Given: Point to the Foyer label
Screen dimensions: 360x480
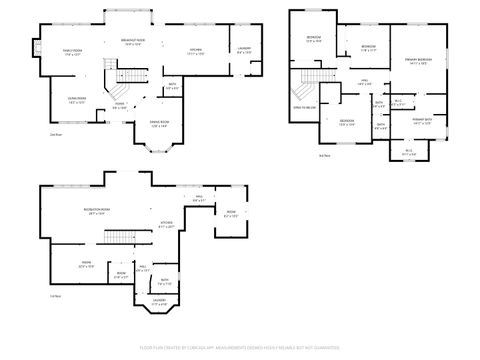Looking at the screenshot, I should coord(119,105).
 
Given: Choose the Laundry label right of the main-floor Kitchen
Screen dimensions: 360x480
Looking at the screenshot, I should coord(244,50).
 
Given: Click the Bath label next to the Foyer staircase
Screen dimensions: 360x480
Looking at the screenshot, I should coord(172,87).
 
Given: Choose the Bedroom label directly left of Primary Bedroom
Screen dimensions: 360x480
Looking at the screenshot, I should coord(368,48).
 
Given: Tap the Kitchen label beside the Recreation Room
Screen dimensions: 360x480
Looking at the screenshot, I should coord(167,225).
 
